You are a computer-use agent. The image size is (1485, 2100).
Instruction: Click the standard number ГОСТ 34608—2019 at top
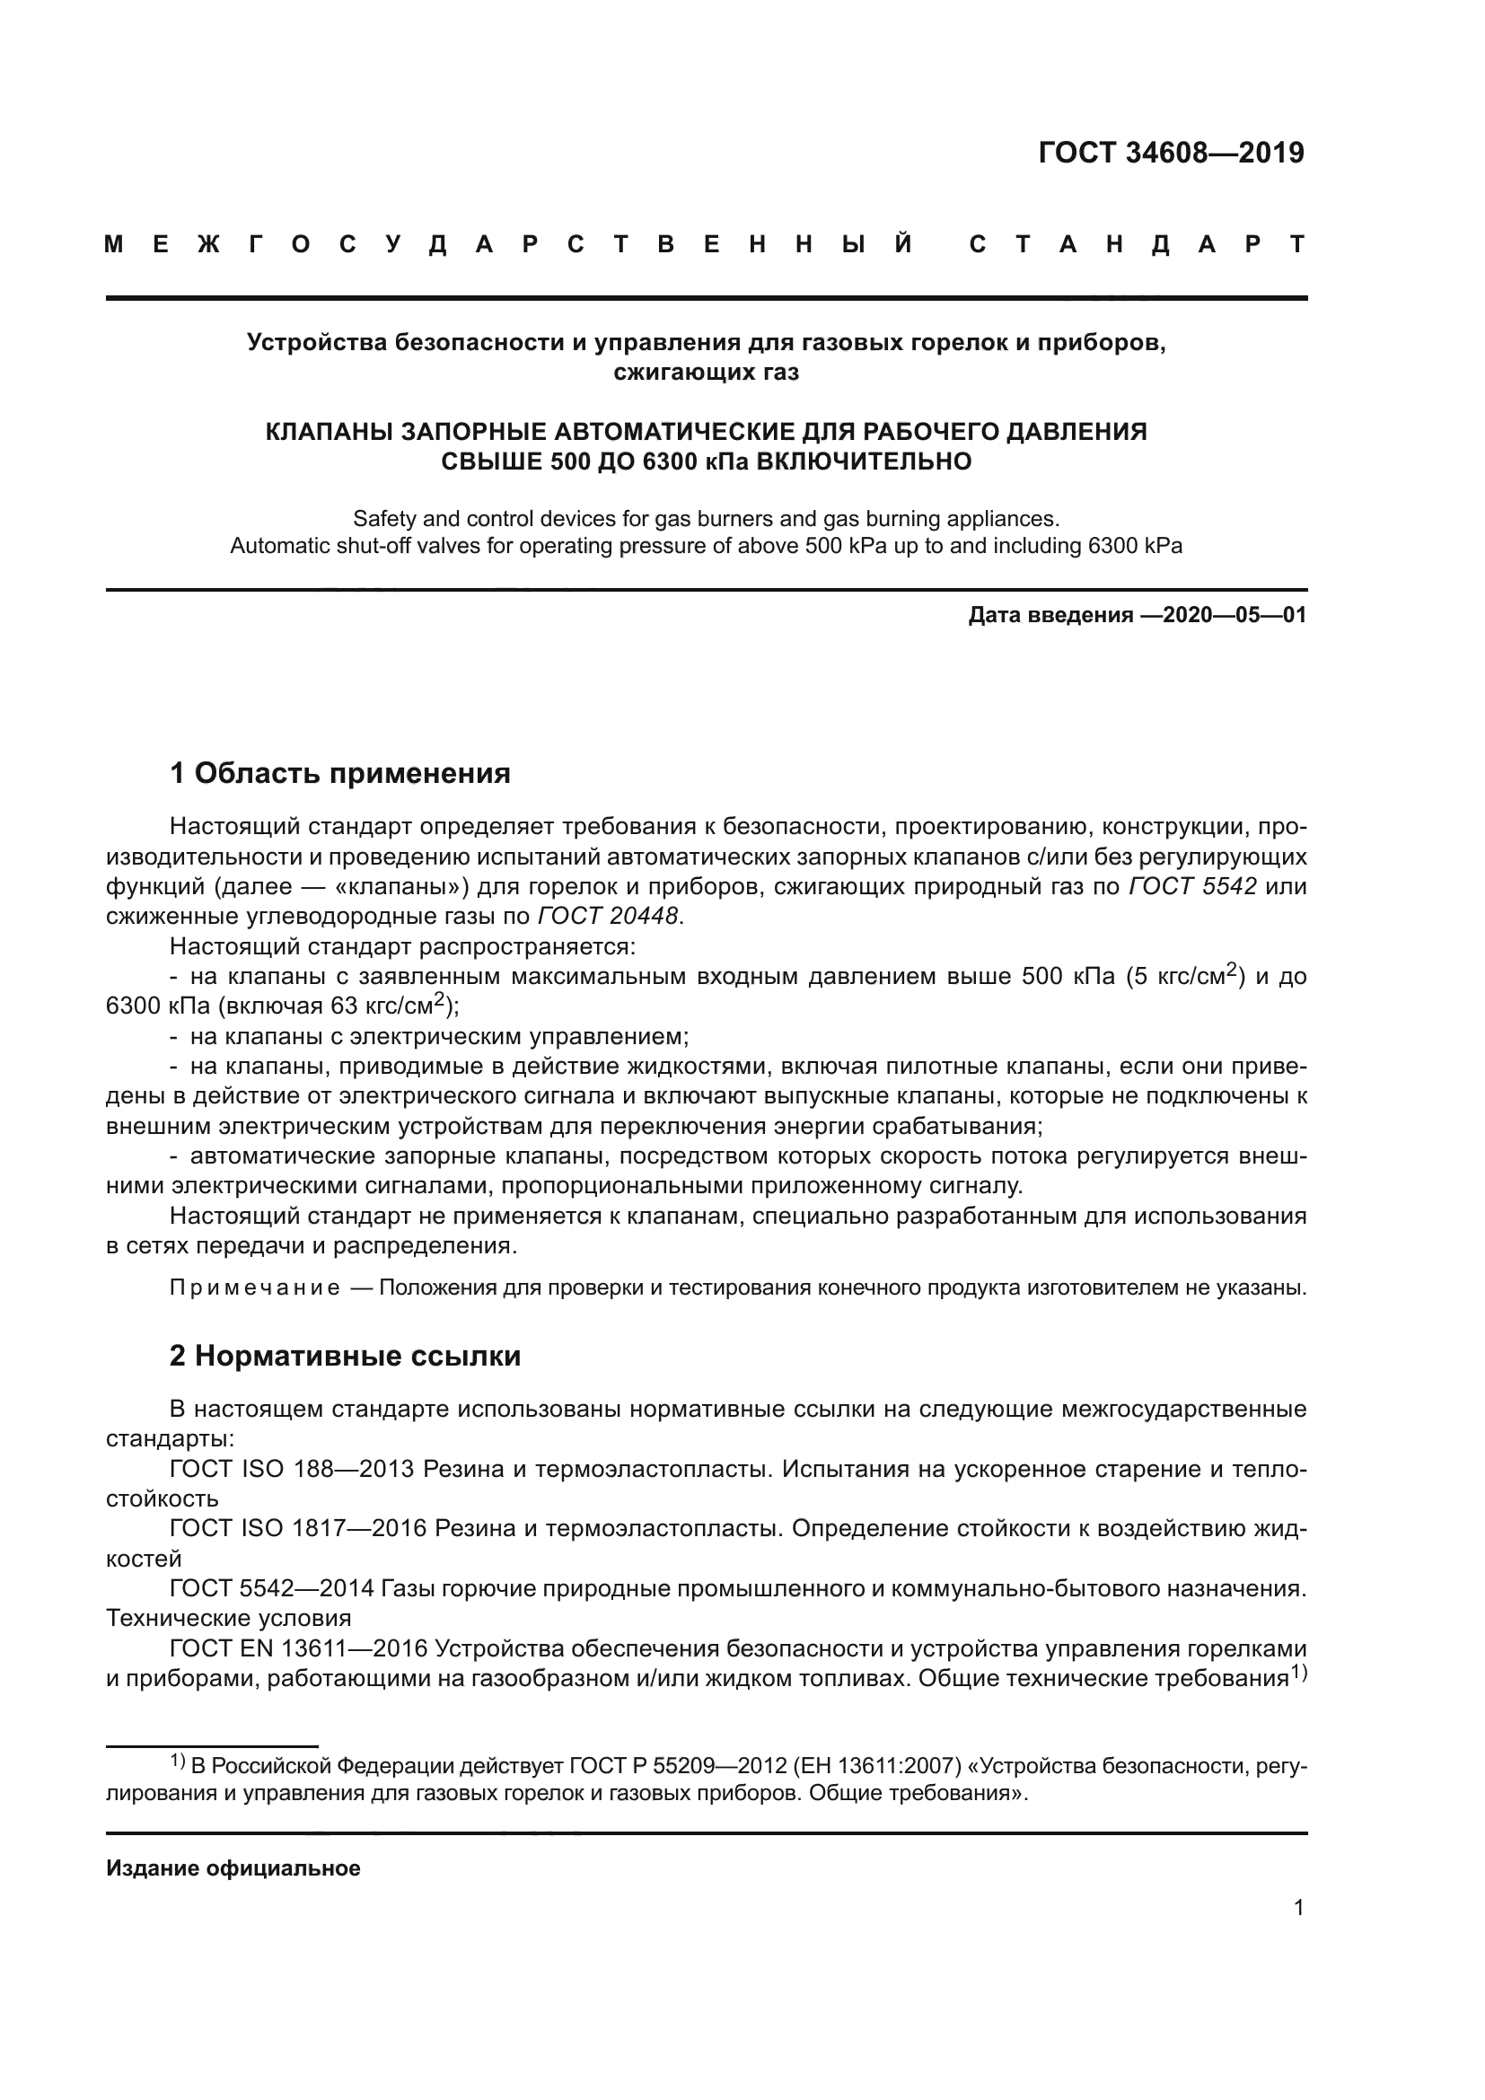[x=1172, y=153]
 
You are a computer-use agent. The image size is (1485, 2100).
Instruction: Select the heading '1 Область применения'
[x=340, y=774]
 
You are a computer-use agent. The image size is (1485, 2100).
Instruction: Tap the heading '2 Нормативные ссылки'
[x=345, y=1356]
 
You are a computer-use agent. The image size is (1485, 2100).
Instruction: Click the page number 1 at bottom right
[x=1298, y=1908]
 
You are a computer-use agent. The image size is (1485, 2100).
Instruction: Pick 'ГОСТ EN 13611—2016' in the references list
[x=299, y=1649]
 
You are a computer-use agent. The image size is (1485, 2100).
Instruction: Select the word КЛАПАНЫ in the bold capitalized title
[x=327, y=432]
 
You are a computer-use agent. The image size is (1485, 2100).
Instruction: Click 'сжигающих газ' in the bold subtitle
[x=706, y=373]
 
